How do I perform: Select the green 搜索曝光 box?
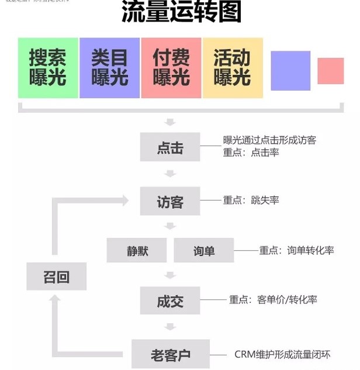coord(48,68)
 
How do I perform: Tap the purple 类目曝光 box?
coord(109,68)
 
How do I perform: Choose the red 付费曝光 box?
coord(171,68)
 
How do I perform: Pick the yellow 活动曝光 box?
coord(232,68)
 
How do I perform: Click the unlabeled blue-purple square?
coord(290,71)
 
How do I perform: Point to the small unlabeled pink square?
coord(330,71)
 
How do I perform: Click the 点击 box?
coord(170,147)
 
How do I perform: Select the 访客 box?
coord(170,201)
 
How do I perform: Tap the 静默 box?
coord(137,250)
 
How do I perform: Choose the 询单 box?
coord(204,250)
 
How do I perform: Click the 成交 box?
coord(170,300)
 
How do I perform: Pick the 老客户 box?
coord(171,354)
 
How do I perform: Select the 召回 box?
coord(56,276)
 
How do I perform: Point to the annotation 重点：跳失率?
coord(251,200)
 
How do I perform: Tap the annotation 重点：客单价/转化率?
coord(273,300)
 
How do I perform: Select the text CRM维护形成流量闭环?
coord(282,354)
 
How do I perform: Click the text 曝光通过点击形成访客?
coord(269,140)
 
